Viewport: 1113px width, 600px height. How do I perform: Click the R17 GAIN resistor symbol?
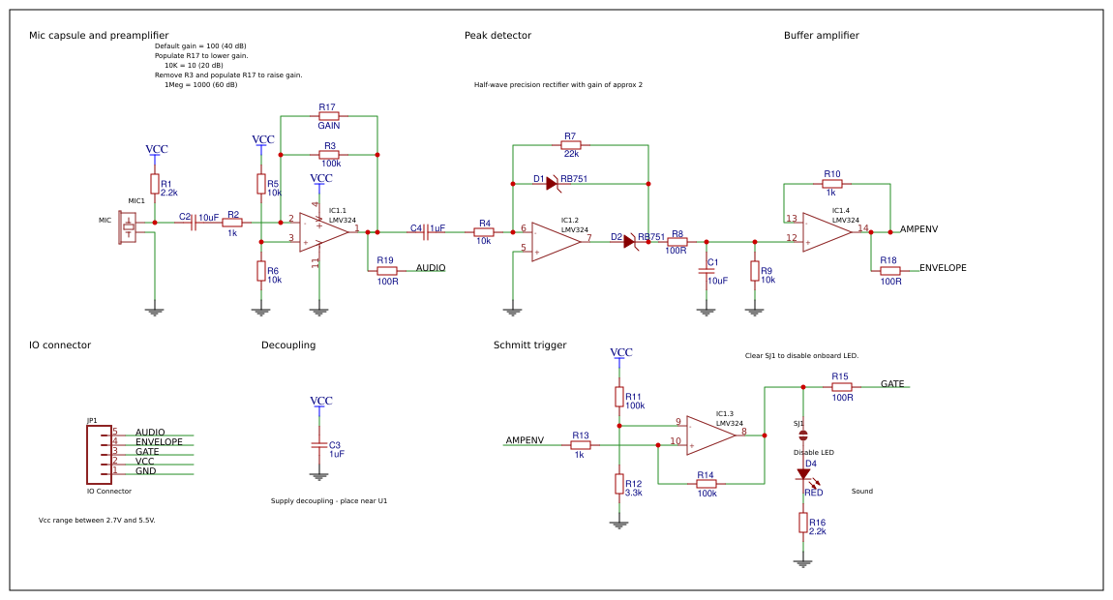[329, 116]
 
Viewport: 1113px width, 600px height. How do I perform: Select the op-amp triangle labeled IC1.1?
[322, 232]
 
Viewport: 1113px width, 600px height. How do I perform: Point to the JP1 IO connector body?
[99, 453]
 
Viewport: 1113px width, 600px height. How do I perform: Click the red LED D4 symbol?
[803, 474]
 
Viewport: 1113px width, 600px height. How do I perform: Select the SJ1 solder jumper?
[802, 435]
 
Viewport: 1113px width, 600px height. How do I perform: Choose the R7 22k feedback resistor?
[571, 145]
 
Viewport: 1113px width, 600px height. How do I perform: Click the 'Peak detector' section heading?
[497, 36]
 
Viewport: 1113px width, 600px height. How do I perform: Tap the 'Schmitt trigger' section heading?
[529, 345]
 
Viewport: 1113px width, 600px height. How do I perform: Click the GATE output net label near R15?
[892, 384]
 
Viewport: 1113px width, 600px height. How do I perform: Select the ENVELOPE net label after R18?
[942, 268]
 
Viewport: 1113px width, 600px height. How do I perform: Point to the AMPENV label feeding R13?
[525, 440]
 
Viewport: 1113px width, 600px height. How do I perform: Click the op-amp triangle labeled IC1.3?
[709, 435]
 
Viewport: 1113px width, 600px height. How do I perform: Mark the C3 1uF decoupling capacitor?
[318, 445]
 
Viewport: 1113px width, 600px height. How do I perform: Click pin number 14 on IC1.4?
[862, 228]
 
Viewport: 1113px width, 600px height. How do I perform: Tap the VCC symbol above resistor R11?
[620, 353]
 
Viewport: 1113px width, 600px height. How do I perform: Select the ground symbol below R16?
[802, 562]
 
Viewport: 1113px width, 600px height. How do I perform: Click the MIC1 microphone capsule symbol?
[127, 228]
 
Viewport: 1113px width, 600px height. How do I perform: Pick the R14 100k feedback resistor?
[707, 483]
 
